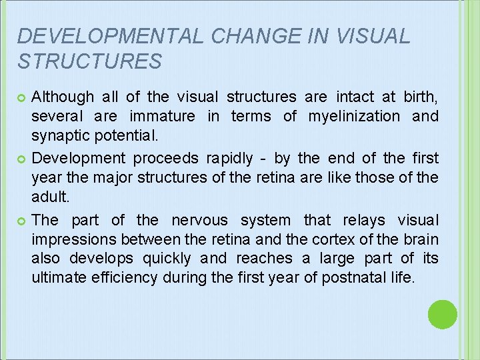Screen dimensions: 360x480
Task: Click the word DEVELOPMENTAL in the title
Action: [x=109, y=36]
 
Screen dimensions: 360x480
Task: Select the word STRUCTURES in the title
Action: [x=89, y=61]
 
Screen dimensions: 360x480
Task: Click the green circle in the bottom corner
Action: [x=442, y=314]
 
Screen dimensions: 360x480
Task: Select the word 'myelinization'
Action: [x=354, y=117]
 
